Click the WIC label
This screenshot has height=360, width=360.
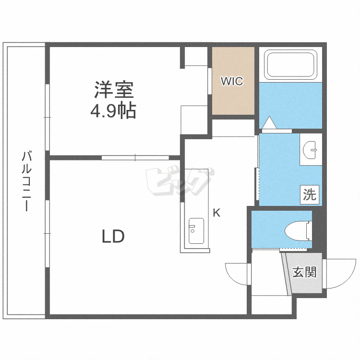point(232,81)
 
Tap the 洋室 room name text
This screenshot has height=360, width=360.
point(113,89)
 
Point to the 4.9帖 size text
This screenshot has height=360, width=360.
point(113,111)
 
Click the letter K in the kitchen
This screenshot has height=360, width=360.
point(216,213)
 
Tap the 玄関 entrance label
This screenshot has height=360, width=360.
point(304,273)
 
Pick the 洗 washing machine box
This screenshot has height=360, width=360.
point(310,195)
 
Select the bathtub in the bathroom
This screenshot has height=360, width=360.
point(291,65)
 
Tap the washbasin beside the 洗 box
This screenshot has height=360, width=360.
point(312,150)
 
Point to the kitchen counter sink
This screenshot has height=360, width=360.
point(196,231)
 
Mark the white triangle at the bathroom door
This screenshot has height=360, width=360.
point(269,124)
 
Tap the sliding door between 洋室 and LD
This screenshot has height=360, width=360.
point(135,157)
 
